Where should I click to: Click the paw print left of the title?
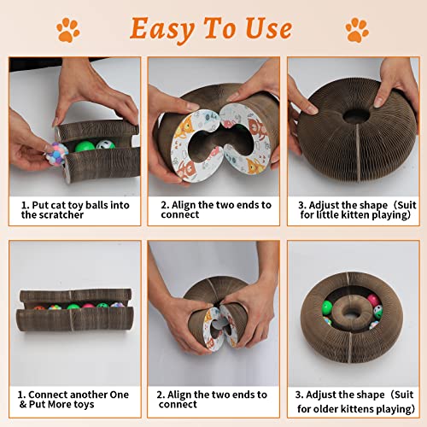coord(67,31)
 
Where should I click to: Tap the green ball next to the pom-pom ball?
coord(85,147)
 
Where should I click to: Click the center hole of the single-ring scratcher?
coord(352,113)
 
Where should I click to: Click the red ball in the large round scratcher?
coord(373,301)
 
